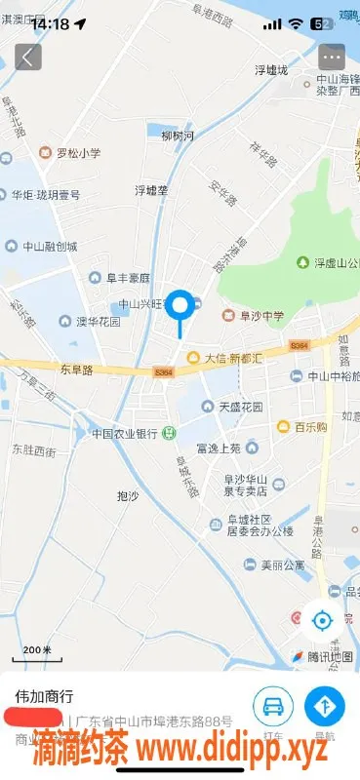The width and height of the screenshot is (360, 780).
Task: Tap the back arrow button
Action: (x=27, y=56)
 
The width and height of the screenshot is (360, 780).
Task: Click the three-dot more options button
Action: (x=332, y=56)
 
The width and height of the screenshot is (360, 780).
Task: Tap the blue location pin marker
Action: (x=180, y=306)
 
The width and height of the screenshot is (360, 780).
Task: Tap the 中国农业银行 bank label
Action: (x=125, y=433)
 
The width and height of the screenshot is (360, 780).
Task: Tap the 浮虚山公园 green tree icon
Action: (x=302, y=262)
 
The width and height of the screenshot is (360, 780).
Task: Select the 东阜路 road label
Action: (x=76, y=370)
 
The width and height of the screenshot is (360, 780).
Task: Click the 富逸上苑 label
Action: (x=218, y=448)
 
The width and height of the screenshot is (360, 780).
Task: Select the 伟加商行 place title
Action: (x=45, y=697)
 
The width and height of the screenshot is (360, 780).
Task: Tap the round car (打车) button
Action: (x=274, y=706)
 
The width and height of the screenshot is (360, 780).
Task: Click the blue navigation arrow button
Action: (x=325, y=706)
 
